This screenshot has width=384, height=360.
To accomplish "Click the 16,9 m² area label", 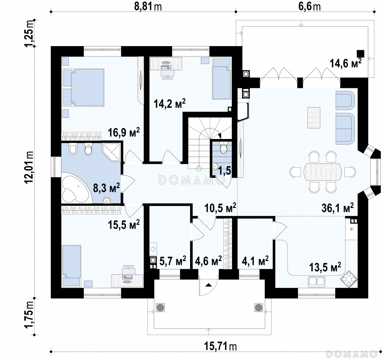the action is tap(124, 133).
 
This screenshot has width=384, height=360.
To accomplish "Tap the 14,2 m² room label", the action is tap(169, 104).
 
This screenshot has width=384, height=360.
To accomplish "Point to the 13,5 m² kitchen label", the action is tap(325, 267).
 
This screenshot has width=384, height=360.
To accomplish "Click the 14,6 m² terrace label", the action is tap(346, 63).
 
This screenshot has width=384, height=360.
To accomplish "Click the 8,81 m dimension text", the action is tap(148, 7).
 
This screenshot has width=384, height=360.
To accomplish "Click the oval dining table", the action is tap(323, 171).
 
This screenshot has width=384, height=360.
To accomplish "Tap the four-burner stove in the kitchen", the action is tap(349, 279).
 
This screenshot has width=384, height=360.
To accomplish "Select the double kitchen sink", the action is tap(317, 281).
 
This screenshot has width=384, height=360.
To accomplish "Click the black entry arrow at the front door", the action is tap(209, 285).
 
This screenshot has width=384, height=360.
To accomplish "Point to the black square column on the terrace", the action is tap(361, 54).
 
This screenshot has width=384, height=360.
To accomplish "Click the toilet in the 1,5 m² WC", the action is tap(223, 148).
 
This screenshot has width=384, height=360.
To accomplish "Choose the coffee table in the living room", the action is tap(314, 118).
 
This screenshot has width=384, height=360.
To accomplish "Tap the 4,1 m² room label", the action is tap(255, 261).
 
